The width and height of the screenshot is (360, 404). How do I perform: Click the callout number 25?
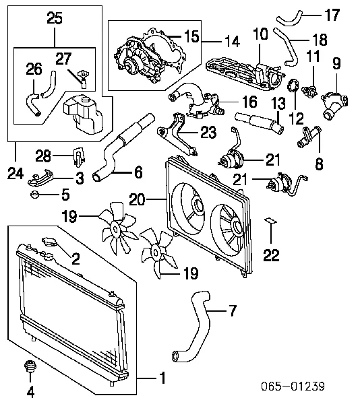(x=55, y=18)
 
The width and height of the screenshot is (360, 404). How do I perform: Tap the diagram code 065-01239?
(x=293, y=386)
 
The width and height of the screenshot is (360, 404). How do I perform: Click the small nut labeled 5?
(x=34, y=195)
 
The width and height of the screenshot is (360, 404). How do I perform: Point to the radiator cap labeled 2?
(x=49, y=242)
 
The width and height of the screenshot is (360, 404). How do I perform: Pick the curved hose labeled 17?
(x=289, y=19)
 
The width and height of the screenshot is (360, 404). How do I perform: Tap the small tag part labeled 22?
(x=270, y=221)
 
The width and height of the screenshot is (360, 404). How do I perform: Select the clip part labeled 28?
(x=78, y=156)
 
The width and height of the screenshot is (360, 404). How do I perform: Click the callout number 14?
(x=233, y=42)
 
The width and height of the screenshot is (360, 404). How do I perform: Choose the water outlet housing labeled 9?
(x=334, y=104)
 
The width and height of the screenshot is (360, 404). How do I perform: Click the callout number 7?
(x=233, y=310)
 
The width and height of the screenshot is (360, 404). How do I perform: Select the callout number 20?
(x=138, y=199)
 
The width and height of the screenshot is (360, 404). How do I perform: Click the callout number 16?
(x=249, y=101)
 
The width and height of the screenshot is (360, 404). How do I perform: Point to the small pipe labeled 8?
(x=309, y=137)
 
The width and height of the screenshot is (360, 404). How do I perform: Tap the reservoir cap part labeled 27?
(x=83, y=78)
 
